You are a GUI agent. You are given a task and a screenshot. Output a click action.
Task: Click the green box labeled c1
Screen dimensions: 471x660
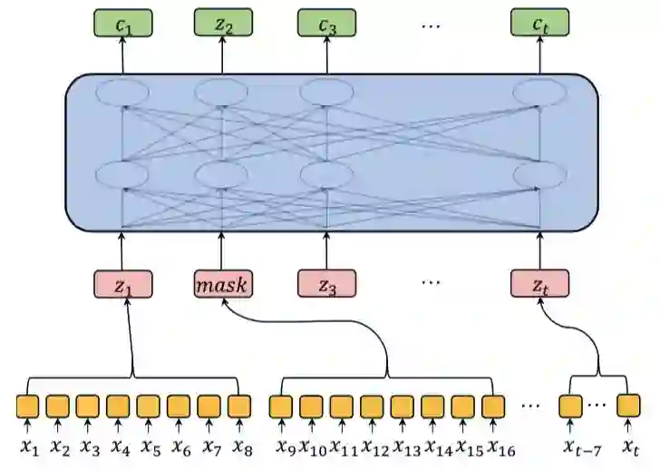tap(122, 25)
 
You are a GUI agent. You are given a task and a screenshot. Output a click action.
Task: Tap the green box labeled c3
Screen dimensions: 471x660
tap(327, 25)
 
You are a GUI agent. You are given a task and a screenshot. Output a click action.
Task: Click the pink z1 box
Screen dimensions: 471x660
tap(122, 284)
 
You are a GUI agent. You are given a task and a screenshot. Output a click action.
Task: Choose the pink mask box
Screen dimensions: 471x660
tap(223, 284)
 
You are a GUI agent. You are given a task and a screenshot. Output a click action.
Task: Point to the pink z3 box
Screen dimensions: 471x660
tap(327, 284)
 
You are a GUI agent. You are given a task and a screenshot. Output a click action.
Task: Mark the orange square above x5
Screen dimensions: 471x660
tap(149, 405)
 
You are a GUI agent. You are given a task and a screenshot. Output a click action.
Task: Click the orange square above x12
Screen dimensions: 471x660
tap(372, 405)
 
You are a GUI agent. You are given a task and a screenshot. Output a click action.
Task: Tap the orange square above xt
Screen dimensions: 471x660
tap(628, 405)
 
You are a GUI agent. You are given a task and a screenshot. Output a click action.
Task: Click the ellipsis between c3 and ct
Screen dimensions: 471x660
tap(431, 25)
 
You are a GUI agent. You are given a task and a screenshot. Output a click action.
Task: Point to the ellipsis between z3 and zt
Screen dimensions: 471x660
tap(431, 281)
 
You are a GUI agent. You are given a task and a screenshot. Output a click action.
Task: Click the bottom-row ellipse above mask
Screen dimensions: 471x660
tap(220, 173)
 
